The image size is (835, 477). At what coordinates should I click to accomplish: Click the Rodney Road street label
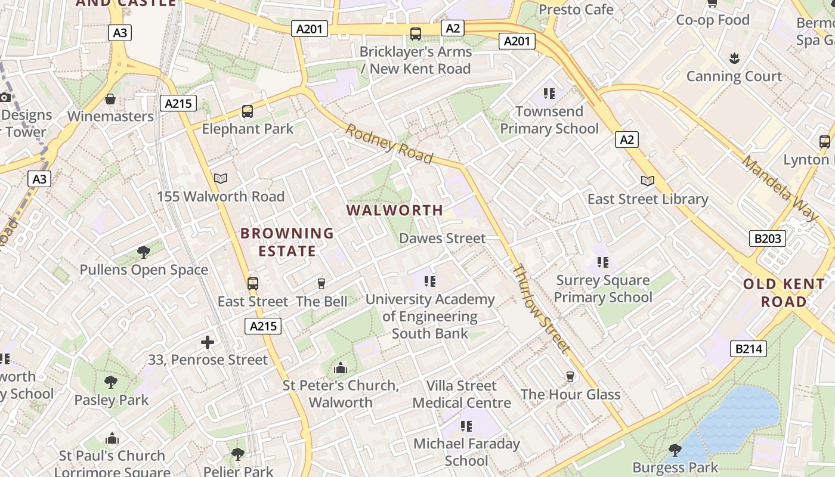coord(388,144)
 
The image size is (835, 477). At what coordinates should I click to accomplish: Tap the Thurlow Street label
coord(542,308)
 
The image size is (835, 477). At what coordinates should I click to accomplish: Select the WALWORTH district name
coord(395,210)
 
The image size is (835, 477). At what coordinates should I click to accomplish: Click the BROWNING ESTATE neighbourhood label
coord(287,242)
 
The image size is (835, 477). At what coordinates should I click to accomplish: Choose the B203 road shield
coord(768,238)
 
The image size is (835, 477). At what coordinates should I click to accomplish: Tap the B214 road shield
coord(749,348)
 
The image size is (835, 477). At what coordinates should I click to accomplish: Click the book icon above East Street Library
coord(647,181)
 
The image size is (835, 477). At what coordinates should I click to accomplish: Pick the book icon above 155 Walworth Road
coord(221,178)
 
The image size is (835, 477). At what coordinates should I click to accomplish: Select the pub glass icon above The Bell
coord(321,283)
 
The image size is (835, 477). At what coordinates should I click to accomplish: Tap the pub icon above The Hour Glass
coord(570,376)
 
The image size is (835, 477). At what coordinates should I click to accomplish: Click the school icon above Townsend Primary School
coord(549,94)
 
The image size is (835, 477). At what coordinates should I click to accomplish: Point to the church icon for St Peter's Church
coord(341,367)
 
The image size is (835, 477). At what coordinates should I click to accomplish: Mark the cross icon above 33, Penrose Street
coord(208,342)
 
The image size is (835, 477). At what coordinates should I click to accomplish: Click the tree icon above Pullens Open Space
coord(144,252)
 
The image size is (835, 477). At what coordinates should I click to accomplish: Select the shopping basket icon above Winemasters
coord(110,98)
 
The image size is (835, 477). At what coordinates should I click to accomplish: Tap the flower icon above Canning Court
coord(734,58)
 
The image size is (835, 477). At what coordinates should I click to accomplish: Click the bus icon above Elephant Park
coord(247,111)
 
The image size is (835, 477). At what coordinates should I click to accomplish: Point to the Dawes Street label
coord(442,238)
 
